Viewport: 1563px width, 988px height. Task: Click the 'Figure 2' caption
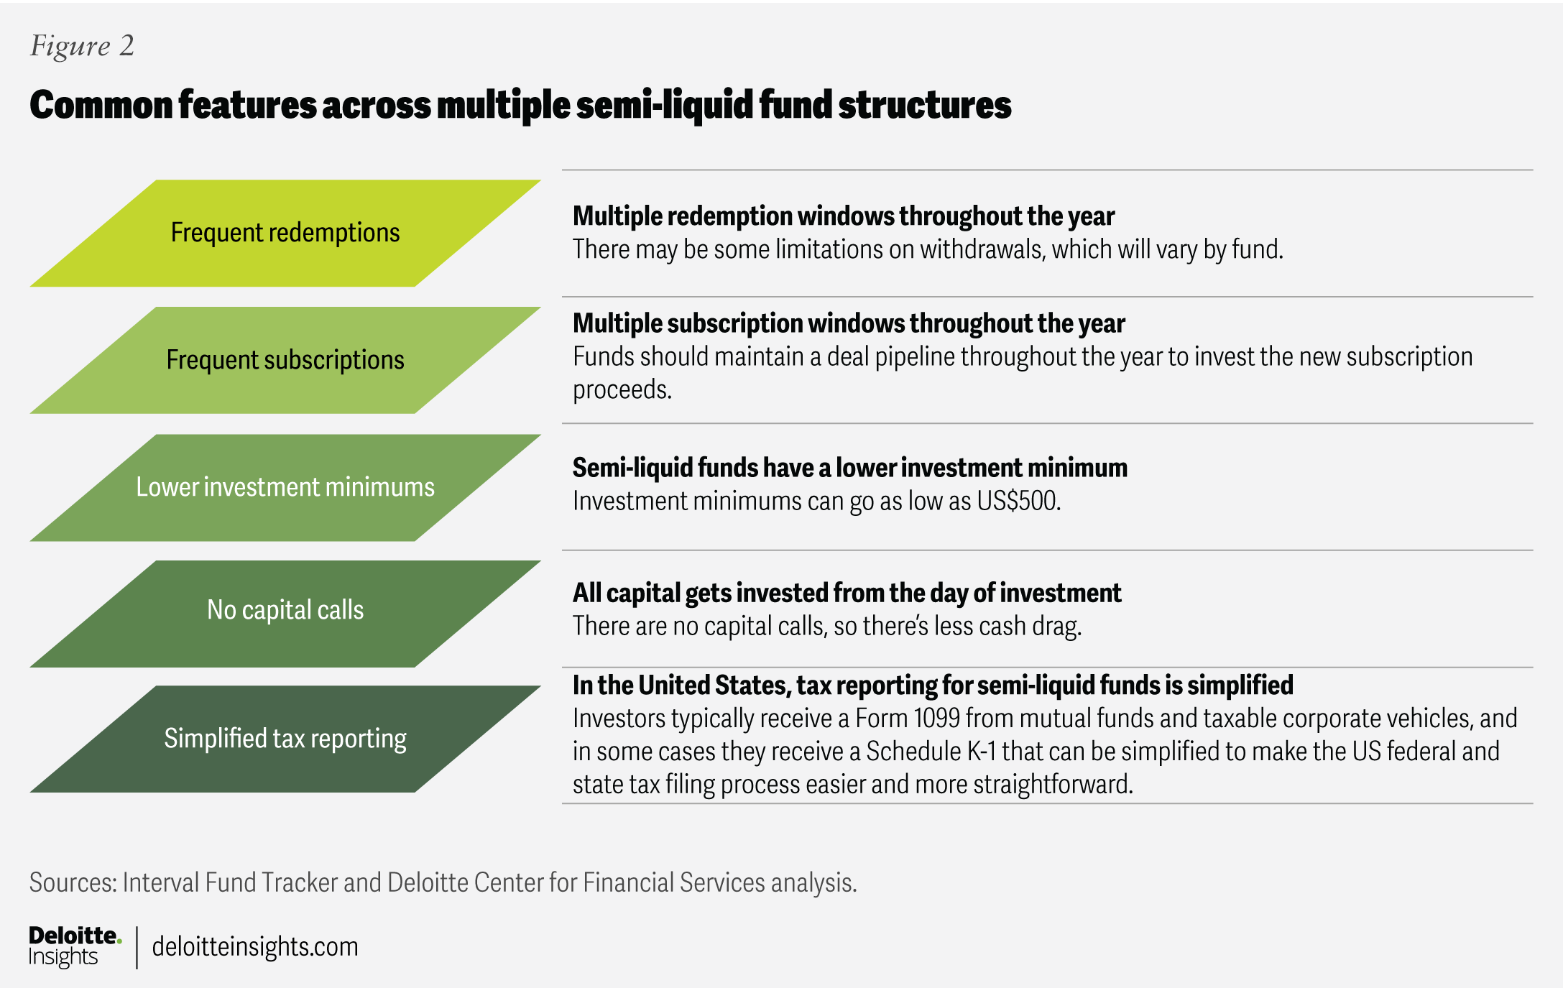(82, 46)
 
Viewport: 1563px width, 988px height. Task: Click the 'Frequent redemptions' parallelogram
(285, 233)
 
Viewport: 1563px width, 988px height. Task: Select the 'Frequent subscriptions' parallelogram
(285, 360)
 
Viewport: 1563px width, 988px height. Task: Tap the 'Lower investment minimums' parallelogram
(285, 487)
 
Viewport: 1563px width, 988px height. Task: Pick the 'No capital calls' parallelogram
(285, 614)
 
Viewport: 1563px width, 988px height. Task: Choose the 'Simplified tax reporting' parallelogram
(285, 739)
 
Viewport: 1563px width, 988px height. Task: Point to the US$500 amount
(1018, 501)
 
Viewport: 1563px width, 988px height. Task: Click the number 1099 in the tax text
(937, 718)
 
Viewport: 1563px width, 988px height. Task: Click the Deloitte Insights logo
(75, 946)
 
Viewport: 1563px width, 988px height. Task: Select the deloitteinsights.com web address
(255, 946)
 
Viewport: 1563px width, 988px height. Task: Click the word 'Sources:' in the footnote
(73, 882)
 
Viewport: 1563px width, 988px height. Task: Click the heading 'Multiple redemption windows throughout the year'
(844, 216)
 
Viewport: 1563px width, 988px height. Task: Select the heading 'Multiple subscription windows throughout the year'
(849, 323)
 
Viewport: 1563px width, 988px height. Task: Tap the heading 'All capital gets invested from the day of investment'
(847, 593)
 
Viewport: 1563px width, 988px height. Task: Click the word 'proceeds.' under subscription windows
(622, 390)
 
